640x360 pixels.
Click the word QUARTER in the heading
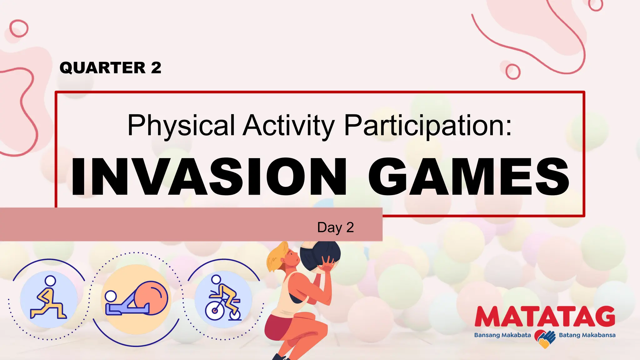tap(102, 68)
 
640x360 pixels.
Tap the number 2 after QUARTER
tap(156, 68)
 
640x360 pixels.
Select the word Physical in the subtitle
tap(181, 125)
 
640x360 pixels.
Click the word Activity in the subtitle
tap(289, 125)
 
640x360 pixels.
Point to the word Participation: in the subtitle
tap(428, 125)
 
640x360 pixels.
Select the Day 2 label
tap(335, 227)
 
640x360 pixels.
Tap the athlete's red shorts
tap(278, 327)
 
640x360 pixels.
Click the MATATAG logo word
tap(545, 317)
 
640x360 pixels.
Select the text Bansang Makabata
tap(502, 335)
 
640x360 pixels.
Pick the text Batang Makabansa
tap(587, 335)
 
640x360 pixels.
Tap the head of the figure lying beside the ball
tap(111, 296)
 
